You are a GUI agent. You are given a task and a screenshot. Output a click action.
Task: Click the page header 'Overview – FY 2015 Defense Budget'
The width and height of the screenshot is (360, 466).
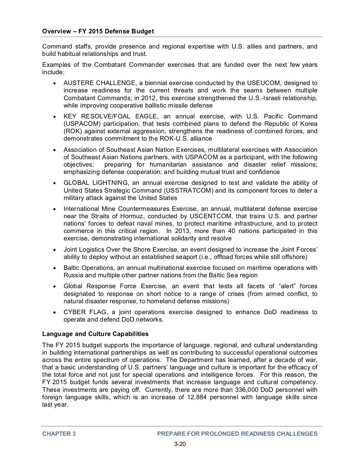98,31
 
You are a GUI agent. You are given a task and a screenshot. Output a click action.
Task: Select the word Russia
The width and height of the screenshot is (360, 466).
73,275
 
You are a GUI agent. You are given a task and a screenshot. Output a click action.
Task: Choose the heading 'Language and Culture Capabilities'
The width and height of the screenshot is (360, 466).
95,334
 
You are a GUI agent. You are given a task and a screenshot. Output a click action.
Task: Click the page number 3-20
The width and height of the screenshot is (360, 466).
180,444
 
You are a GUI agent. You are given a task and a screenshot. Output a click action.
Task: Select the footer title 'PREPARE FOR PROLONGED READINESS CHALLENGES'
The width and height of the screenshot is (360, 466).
237,434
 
